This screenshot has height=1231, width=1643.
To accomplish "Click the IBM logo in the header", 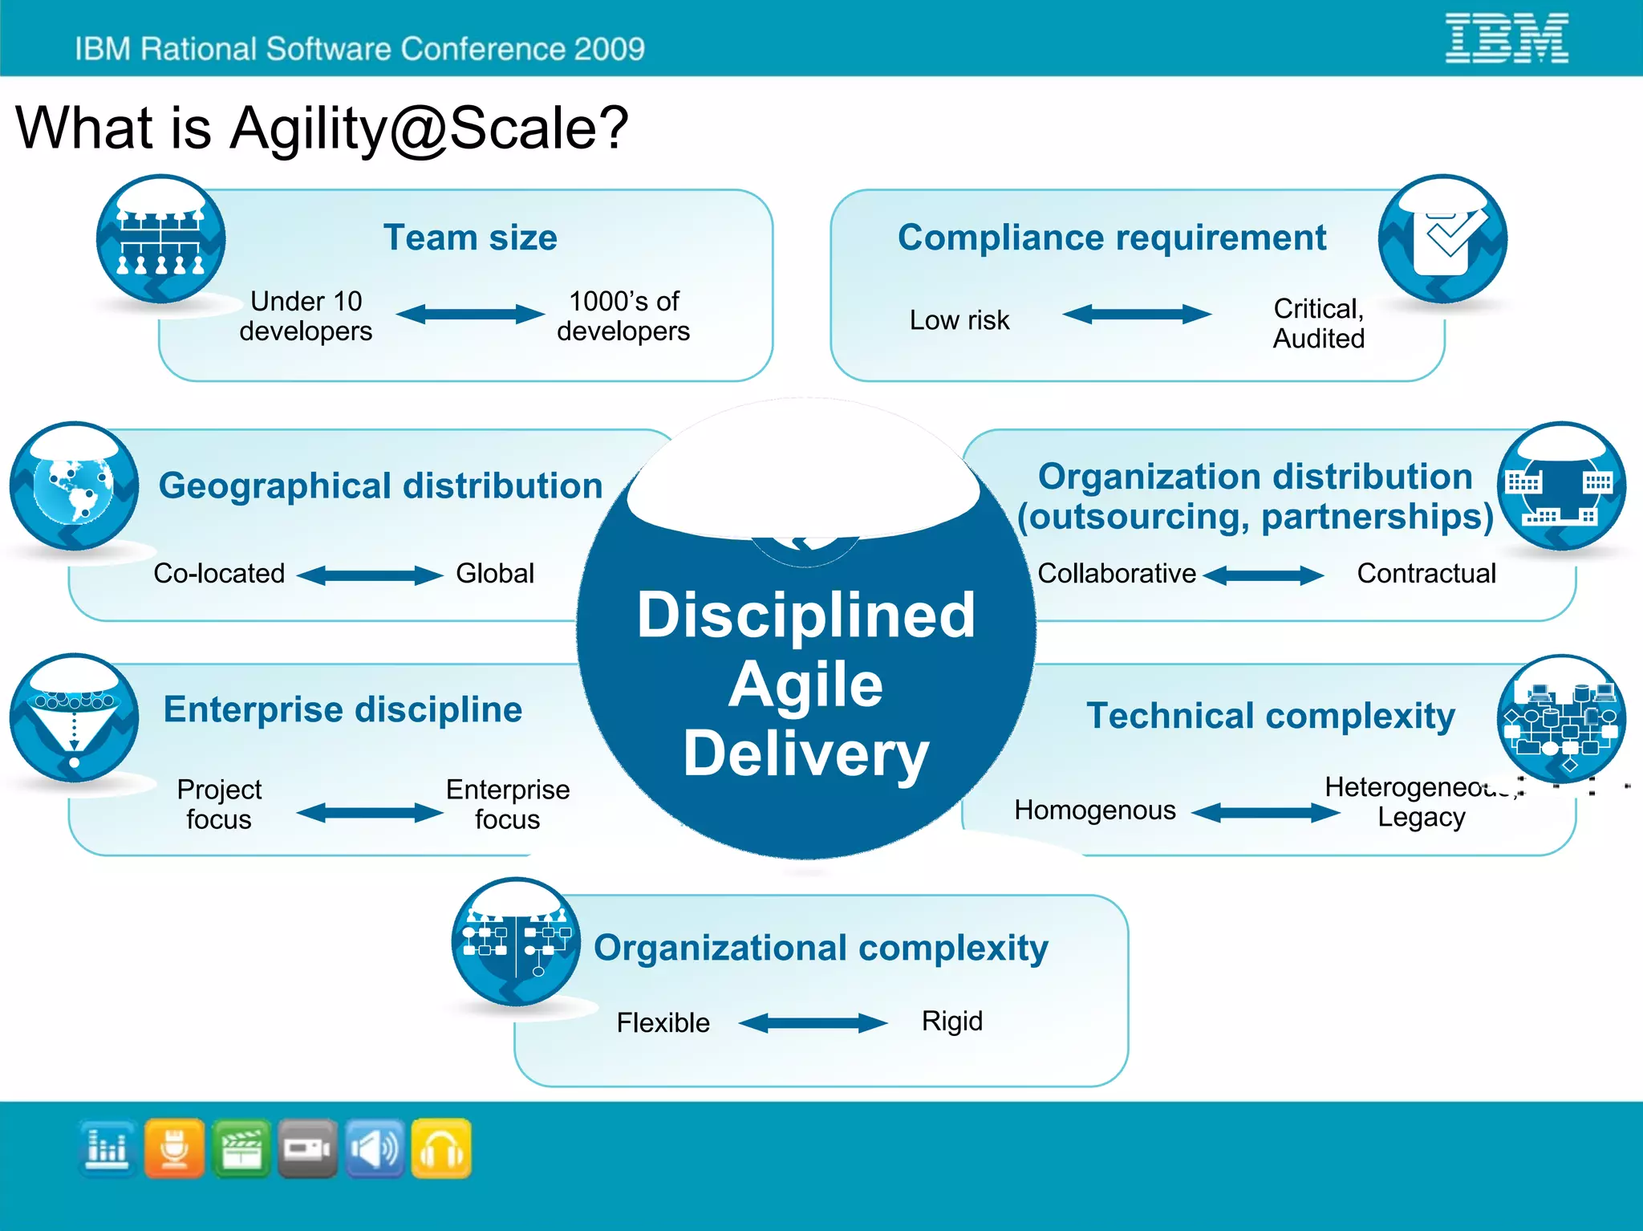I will [1506, 39].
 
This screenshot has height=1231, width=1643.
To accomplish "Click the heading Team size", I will [470, 238].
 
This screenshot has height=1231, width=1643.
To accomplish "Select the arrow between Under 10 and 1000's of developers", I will [470, 314].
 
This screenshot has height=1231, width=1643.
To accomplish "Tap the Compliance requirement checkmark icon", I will [1442, 238].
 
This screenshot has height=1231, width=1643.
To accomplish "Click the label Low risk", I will [959, 320].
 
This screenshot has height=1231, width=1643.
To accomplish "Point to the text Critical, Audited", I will [1318, 323].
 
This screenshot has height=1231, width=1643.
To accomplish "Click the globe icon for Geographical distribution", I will [75, 486].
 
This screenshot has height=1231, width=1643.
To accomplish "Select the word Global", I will [494, 573].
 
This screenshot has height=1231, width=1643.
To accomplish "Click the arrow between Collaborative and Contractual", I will [1264, 575].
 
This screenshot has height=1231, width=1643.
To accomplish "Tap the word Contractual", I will [1426, 573].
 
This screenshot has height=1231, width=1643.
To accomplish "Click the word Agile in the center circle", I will [805, 685].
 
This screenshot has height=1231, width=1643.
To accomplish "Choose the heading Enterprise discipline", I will [343, 709].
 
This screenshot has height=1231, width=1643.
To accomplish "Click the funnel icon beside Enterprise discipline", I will [75, 718].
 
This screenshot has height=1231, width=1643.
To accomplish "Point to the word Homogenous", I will [1094, 811].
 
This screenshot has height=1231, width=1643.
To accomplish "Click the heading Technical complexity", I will [1270, 716].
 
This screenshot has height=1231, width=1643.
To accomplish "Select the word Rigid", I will [951, 1021].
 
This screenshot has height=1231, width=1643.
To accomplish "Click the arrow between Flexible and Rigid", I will [813, 1022].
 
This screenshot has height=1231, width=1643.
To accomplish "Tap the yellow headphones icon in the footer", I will [441, 1149].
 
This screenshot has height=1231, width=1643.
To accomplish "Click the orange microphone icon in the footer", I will [174, 1149].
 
